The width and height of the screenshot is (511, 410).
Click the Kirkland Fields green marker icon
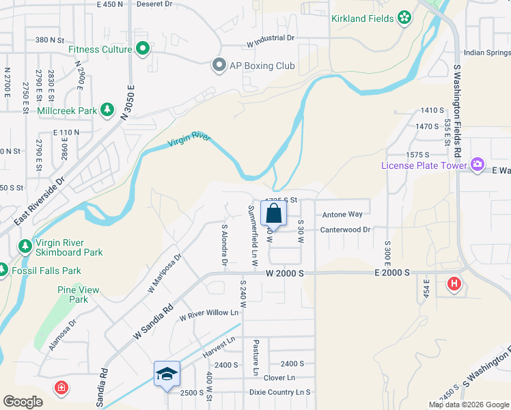pos(404,18)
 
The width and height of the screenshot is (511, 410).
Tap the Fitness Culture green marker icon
pos(143,49)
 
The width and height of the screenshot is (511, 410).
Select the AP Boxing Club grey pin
pos(219,66)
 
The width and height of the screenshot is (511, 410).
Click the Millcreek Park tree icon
pos(107,109)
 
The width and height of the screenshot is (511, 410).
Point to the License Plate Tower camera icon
pos(477,165)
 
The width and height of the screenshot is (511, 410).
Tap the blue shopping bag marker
pos(273,213)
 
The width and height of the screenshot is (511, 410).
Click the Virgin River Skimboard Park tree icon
pos(25,246)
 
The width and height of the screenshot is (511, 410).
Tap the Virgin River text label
pos(189,141)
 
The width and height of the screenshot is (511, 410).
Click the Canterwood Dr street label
pos(345,230)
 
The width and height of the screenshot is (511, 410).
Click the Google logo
pos(23,402)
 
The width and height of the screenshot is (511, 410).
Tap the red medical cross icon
pos(61,388)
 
